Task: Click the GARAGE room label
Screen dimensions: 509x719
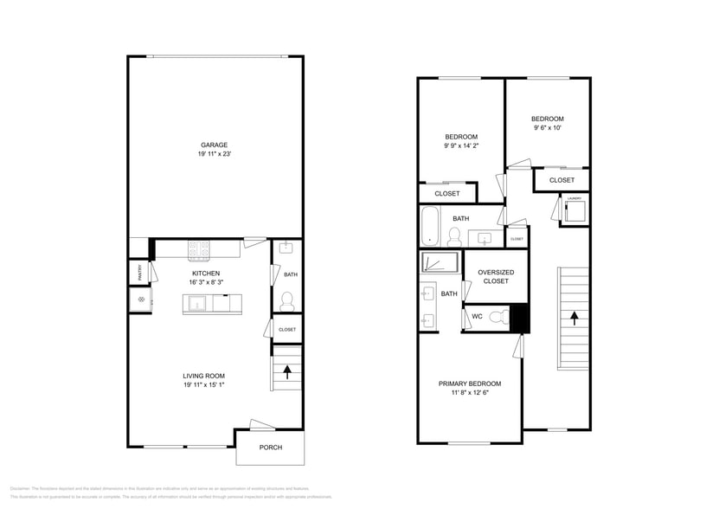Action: pyautogui.click(x=215, y=145)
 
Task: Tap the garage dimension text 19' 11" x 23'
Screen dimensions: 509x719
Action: pyautogui.click(x=215, y=154)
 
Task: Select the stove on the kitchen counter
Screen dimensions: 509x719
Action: pyautogui.click(x=200, y=250)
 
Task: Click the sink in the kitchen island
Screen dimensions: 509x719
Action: pyautogui.click(x=197, y=304)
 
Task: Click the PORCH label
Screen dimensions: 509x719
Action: pyautogui.click(x=270, y=448)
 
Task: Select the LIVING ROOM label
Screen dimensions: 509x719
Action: pyautogui.click(x=203, y=376)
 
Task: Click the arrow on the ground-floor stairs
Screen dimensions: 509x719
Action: pyautogui.click(x=286, y=372)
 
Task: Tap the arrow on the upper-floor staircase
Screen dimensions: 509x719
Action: pyautogui.click(x=573, y=318)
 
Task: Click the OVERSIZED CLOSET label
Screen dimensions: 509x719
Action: pyautogui.click(x=496, y=276)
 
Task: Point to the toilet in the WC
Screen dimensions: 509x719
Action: pyautogui.click(x=498, y=318)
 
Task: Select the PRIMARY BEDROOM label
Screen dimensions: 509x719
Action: pyautogui.click(x=469, y=383)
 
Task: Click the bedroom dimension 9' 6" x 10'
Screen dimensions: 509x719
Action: pyautogui.click(x=547, y=128)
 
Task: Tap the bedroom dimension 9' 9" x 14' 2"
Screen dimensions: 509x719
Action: pyautogui.click(x=461, y=145)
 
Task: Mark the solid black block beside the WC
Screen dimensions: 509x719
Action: pyautogui.click(x=519, y=318)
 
